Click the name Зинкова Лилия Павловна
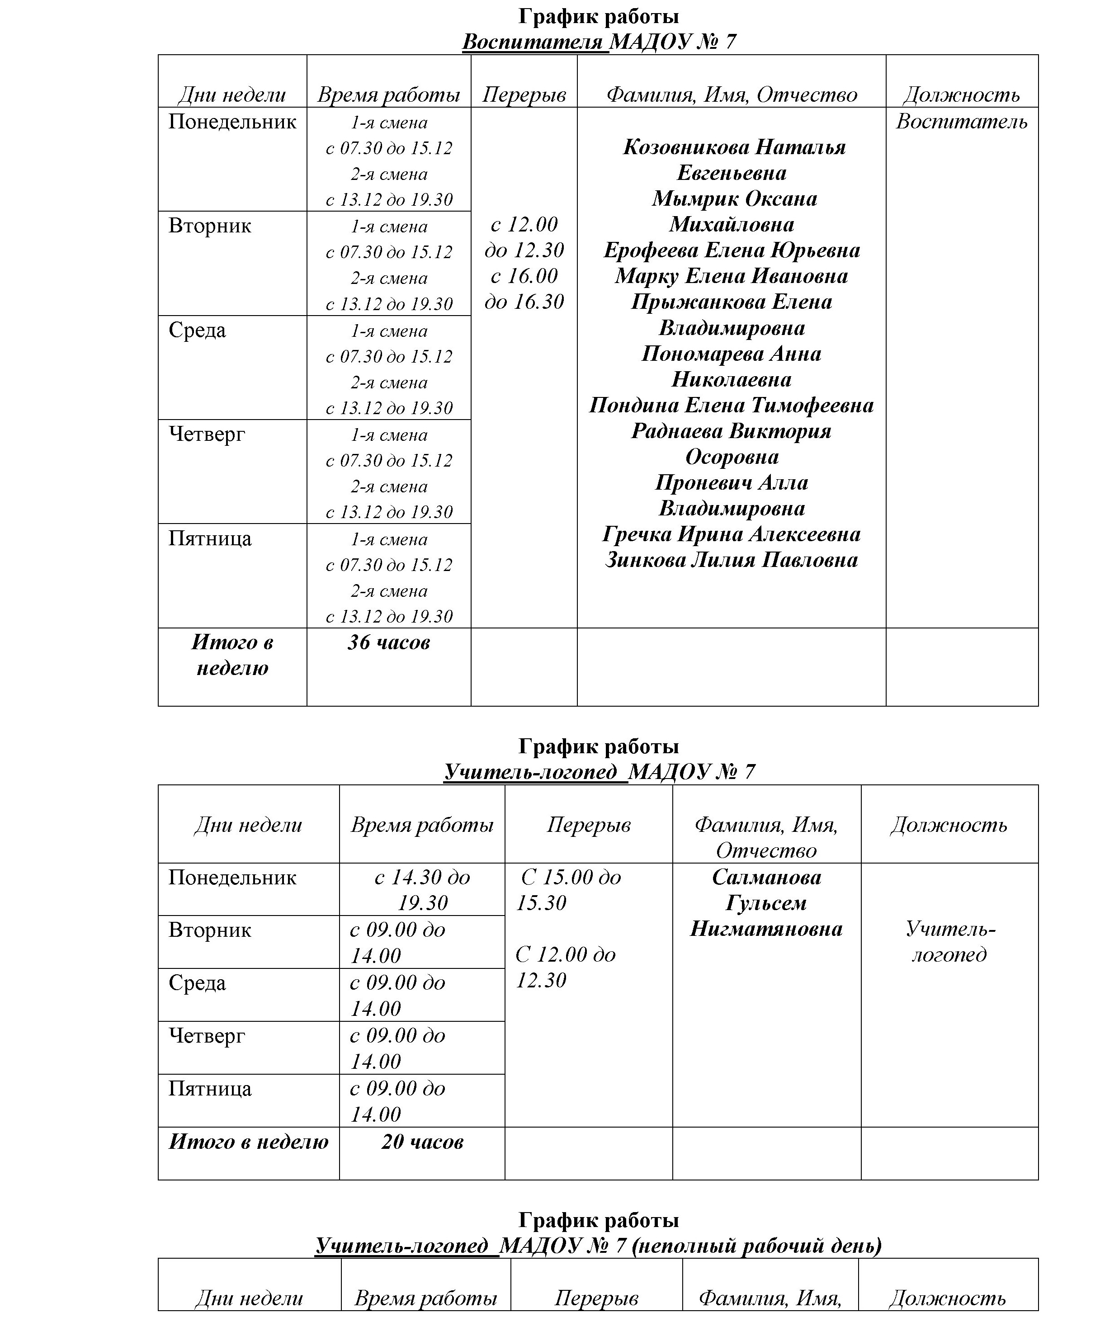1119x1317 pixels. pyautogui.click(x=732, y=560)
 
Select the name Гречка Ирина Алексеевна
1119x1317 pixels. pyautogui.click(x=732, y=534)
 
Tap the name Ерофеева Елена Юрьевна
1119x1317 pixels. pyautogui.click(x=732, y=250)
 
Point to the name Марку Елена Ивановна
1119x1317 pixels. pyautogui.click(x=732, y=276)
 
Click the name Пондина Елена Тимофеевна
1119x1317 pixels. pyautogui.click(x=732, y=406)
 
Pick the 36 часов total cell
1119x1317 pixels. pyautogui.click(x=388, y=642)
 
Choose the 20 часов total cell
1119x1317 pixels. pyautogui.click(x=422, y=1142)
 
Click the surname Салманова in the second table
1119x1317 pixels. pyautogui.click(x=766, y=878)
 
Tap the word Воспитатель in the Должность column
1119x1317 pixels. pyautogui.click(x=961, y=122)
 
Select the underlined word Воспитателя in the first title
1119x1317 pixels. pyautogui.click(x=532, y=42)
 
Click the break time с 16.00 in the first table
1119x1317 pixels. pyautogui.click(x=524, y=276)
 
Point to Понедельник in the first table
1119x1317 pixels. pyautogui.click(x=232, y=122)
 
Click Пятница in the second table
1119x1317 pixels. pyautogui.click(x=210, y=1089)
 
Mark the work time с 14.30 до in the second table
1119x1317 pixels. pyautogui.click(x=422, y=878)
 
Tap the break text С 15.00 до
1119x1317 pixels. pyautogui.click(x=570, y=878)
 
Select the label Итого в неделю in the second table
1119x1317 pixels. pyautogui.click(x=248, y=1142)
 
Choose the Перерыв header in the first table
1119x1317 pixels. pyautogui.click(x=524, y=95)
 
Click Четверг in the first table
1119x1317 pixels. pyautogui.click(x=207, y=434)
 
